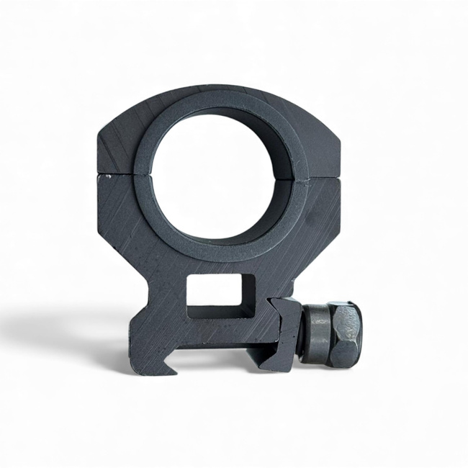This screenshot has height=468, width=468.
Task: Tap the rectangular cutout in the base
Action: coord(220,295)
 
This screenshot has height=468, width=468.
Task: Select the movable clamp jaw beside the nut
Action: coord(282,331)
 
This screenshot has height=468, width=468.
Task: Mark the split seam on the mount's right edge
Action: coord(338,178)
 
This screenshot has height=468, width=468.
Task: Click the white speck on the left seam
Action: coord(108,175)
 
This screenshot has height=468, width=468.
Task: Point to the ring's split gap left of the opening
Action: coord(144,175)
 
